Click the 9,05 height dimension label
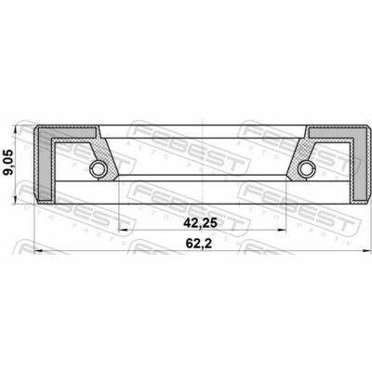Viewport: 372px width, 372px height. pos(8,163)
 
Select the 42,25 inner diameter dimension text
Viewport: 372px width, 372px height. pos(201,223)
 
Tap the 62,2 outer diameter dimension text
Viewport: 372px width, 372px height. pos(199,244)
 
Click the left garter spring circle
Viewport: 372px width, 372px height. pos(98,168)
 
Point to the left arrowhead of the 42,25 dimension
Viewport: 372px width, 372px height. pos(123,230)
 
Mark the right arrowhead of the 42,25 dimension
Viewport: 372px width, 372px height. pos(282,230)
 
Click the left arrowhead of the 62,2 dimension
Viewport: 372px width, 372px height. pos(38,250)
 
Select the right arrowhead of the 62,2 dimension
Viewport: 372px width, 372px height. pos(366,250)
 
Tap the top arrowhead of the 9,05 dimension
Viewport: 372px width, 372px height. pos(15,129)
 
